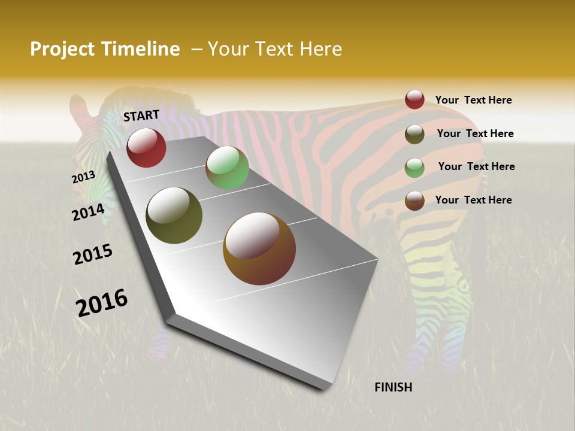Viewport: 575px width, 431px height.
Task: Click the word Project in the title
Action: (x=62, y=49)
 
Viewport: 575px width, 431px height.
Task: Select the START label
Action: (x=141, y=116)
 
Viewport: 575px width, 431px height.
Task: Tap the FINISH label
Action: (x=393, y=387)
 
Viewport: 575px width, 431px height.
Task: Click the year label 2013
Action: (x=84, y=177)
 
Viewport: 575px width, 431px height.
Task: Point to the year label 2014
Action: (x=89, y=212)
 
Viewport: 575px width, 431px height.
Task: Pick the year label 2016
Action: (x=102, y=302)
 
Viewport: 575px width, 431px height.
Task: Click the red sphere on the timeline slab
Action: (x=146, y=147)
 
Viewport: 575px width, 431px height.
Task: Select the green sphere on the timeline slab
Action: (x=227, y=168)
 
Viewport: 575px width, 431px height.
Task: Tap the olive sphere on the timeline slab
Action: (x=174, y=215)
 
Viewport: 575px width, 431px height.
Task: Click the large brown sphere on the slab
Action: (x=259, y=248)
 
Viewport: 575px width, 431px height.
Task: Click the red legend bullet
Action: (x=414, y=99)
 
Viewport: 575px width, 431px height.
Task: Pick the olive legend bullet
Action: (x=414, y=134)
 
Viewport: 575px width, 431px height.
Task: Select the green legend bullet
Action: (x=414, y=168)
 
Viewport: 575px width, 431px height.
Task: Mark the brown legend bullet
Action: (x=414, y=201)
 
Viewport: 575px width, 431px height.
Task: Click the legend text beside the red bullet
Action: (x=473, y=101)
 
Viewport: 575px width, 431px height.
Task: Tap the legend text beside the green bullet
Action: (x=476, y=166)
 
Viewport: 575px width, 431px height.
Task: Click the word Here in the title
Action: (x=321, y=49)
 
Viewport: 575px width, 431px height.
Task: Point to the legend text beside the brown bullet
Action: (x=473, y=200)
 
